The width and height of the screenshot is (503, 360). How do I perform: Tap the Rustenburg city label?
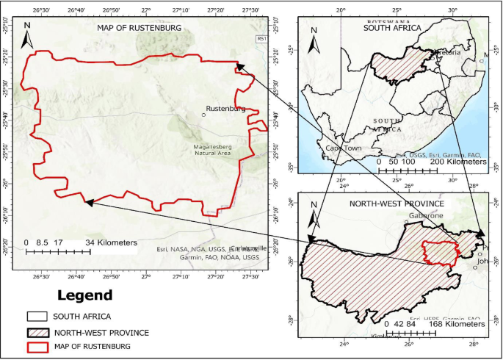[226, 109]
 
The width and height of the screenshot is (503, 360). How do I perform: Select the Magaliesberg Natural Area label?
[212, 150]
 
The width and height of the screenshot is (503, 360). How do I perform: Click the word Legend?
[85, 295]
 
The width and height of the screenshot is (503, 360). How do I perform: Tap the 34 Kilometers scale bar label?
[110, 242]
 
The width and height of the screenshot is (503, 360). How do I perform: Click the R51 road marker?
[262, 38]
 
